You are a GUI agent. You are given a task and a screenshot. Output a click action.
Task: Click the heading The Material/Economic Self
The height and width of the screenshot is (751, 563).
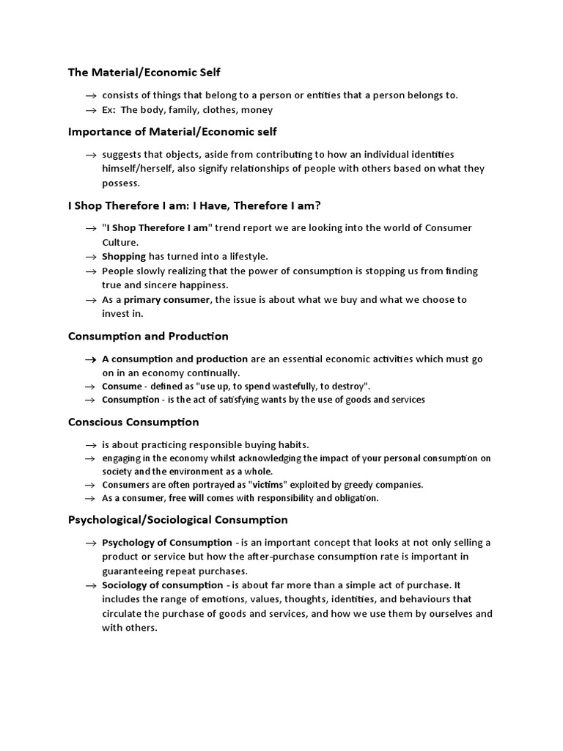coord(144,72)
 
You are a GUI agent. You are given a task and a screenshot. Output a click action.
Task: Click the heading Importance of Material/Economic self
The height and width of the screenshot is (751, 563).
coord(172,131)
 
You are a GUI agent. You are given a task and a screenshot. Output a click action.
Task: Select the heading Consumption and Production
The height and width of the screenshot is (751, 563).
coord(148,336)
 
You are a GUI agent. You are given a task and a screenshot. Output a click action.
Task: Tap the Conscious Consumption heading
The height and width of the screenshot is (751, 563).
coord(133,422)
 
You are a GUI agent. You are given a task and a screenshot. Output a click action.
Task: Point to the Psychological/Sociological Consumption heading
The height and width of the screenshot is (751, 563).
coord(177,520)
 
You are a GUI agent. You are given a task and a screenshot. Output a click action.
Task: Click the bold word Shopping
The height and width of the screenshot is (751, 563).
coord(124,256)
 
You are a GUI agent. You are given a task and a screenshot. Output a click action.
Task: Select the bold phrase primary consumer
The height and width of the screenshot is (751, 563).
coord(168,299)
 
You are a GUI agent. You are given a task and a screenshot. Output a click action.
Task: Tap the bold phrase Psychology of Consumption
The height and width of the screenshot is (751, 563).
coord(166,543)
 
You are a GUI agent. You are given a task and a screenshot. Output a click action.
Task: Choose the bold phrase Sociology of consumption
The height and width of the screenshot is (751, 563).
coord(162,585)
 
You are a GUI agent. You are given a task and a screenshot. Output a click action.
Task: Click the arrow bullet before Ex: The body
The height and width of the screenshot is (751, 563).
coord(91,110)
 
